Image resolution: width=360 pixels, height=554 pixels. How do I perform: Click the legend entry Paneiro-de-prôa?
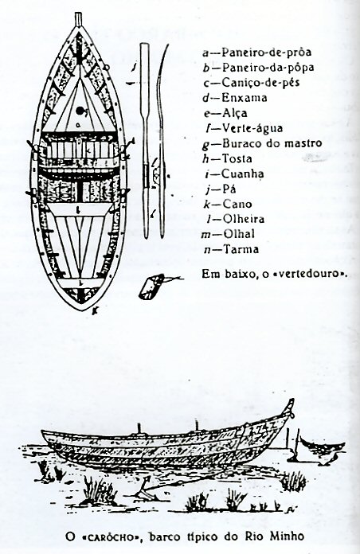coord(266,53)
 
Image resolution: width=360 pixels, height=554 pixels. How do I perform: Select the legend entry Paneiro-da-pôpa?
coord(268,67)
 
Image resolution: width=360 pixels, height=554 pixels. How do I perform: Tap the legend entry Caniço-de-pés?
coord(260,83)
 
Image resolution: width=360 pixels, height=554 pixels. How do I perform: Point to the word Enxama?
coord(244,98)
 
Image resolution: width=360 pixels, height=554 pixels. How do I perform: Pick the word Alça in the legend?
coord(234,113)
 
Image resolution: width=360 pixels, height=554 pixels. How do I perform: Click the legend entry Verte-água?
coord(252,128)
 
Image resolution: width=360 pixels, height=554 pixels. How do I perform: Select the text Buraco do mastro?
coord(272,143)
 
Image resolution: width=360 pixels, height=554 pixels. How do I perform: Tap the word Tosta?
coord(237,158)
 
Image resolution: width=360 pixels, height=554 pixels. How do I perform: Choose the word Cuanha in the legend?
coord(243,174)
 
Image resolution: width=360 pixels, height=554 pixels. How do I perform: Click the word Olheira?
coord(243,219)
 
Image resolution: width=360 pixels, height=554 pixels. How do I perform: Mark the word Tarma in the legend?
coord(241,249)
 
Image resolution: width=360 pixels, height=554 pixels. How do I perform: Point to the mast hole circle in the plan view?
coord(80,111)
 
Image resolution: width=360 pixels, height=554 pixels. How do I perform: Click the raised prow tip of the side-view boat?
coord(291,401)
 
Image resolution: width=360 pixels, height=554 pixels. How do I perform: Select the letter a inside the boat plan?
coord(79,124)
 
